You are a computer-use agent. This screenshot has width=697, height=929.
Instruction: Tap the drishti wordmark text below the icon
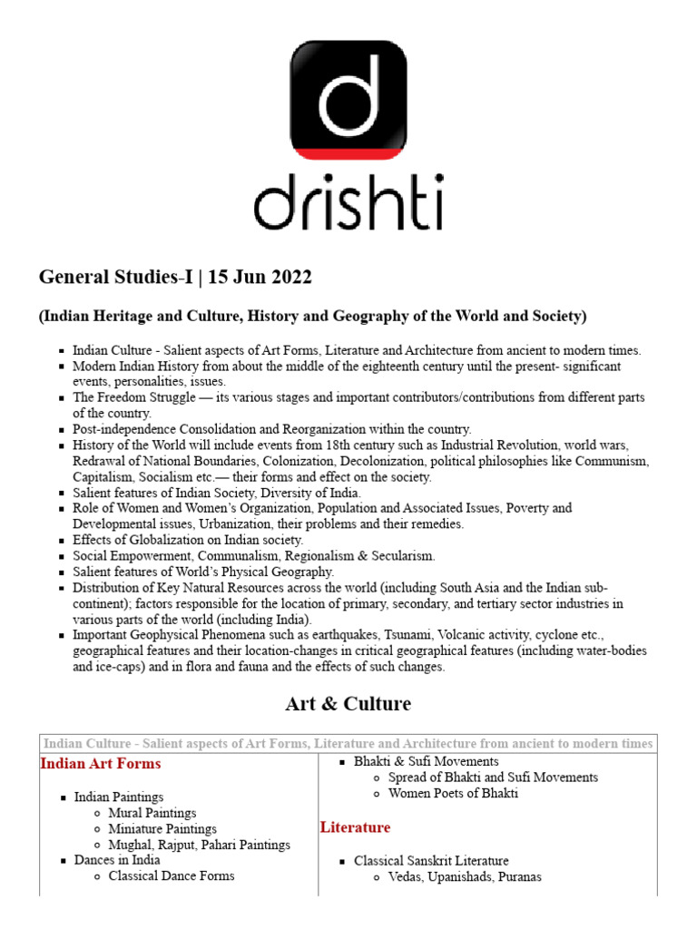point(348,200)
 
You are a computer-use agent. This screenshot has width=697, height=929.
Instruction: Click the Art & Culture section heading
point(348,703)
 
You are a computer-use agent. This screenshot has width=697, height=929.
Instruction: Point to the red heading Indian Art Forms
point(101,764)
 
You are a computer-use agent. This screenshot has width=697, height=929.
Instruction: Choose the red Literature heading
point(355,827)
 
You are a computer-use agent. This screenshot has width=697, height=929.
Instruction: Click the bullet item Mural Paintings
point(152,813)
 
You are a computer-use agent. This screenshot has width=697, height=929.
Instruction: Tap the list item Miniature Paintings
point(162,828)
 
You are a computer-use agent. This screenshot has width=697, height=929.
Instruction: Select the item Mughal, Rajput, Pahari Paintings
point(199,845)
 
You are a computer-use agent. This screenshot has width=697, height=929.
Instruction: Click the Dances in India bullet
point(117,860)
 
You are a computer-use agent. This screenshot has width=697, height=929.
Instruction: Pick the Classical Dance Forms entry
point(171,875)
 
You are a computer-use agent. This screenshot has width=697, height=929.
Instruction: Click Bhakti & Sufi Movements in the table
point(426,761)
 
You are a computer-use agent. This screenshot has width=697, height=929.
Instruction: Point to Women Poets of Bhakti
point(453,793)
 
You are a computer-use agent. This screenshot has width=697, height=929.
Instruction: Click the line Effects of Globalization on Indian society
point(188,540)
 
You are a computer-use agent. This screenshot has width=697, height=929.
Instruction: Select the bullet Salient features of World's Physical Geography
point(203,572)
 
